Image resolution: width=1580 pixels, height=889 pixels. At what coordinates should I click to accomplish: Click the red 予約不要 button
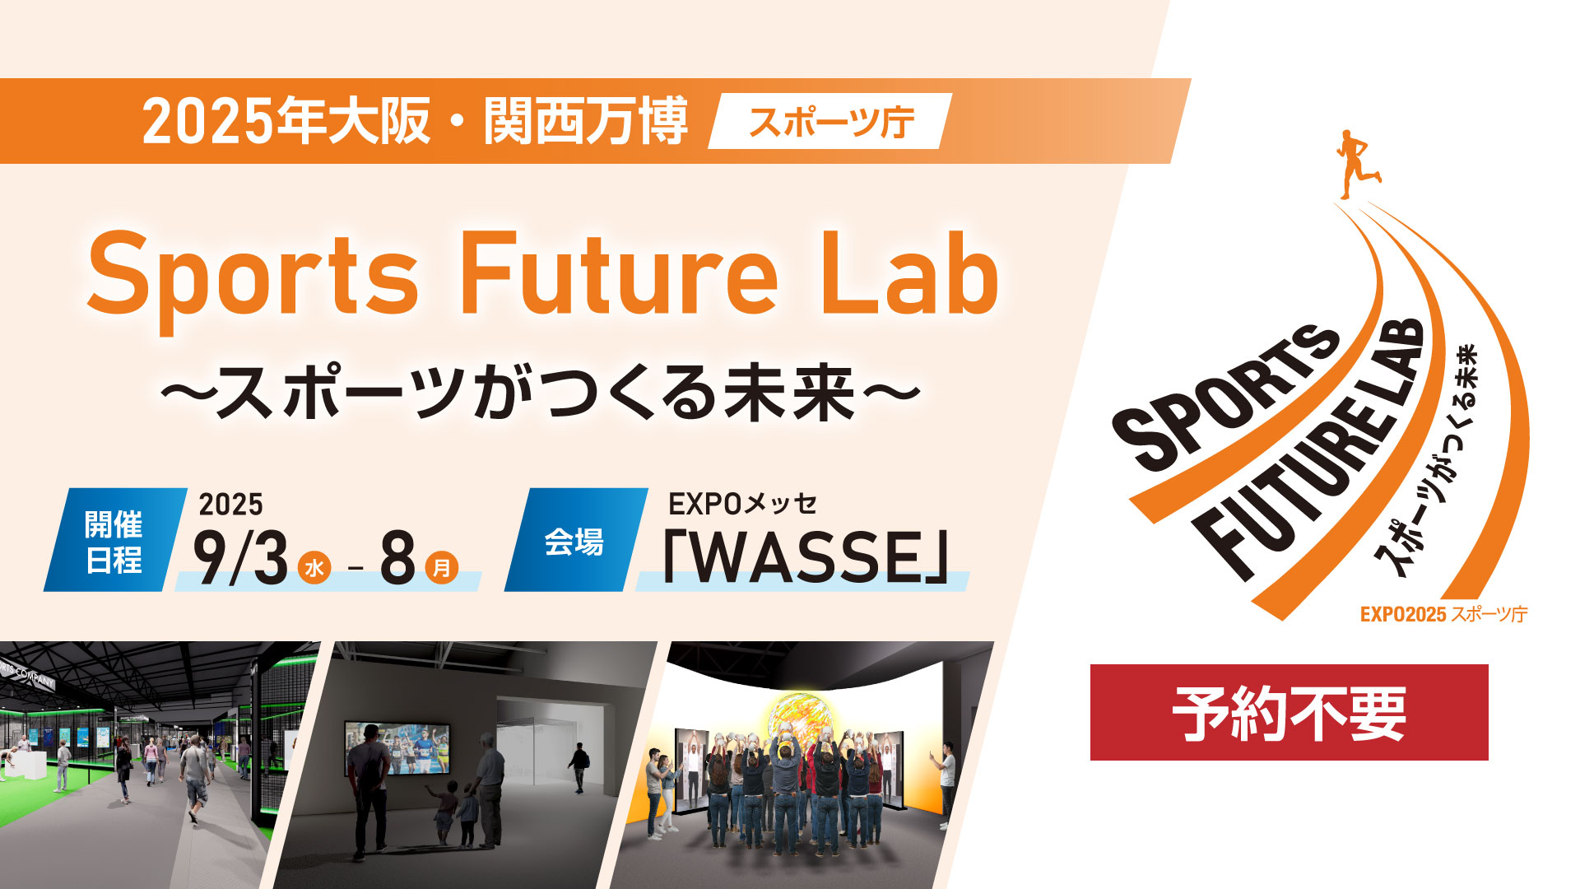(1289, 712)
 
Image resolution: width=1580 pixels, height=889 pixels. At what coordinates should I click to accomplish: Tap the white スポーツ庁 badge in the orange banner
(829, 122)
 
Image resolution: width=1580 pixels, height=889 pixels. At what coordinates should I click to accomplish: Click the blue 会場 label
(574, 542)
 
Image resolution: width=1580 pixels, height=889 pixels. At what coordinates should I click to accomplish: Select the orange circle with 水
(314, 567)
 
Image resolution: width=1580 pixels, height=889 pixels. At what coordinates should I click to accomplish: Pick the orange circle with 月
(442, 567)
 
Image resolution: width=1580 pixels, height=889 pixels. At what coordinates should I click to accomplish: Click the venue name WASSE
(806, 557)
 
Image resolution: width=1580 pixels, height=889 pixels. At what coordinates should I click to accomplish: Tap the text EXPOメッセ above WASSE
(742, 503)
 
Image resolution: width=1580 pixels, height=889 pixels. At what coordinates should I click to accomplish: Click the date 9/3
(240, 557)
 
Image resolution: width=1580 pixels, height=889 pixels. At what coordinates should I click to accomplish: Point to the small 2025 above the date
(230, 504)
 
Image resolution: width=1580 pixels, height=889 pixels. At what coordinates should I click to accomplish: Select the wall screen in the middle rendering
(397, 748)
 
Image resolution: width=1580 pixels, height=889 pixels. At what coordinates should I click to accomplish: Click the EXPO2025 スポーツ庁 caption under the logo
(1443, 614)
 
